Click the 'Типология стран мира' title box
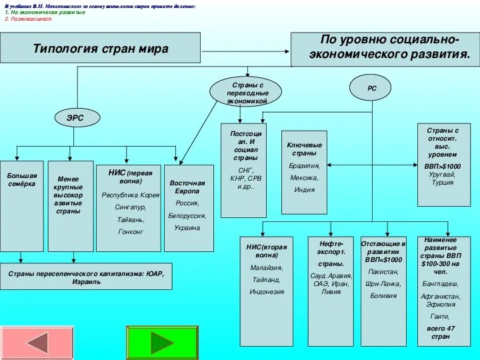[100, 48]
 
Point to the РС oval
[371, 87]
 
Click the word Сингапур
[130, 207]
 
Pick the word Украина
[187, 227]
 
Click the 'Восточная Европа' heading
[187, 186]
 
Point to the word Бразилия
[304, 165]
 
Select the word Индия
[304, 189]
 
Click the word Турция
[443, 182]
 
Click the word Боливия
[384, 295]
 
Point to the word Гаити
[440, 316]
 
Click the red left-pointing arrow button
[27, 343]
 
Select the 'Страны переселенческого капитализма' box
[86, 277]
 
